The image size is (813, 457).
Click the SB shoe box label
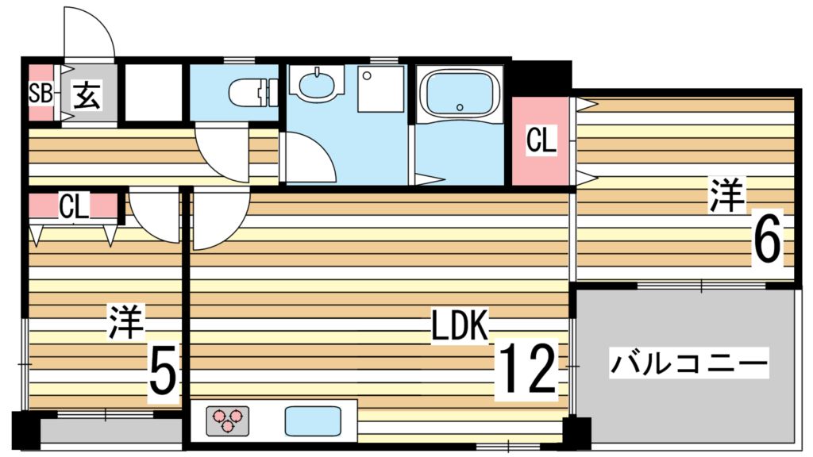click(x=40, y=94)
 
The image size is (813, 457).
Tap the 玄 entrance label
click(x=87, y=94)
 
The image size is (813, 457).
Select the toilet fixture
click(x=253, y=93)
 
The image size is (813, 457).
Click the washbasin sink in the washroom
click(x=316, y=83)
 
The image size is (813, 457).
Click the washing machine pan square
click(x=380, y=89)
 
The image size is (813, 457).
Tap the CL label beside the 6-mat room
click(x=541, y=140)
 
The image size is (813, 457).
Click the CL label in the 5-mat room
click(x=74, y=206)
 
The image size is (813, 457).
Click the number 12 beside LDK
click(x=527, y=370)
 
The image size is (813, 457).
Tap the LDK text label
click(x=460, y=326)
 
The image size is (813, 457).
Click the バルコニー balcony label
click(x=688, y=363)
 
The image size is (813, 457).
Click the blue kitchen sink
click(x=313, y=421)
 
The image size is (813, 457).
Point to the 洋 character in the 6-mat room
click(x=727, y=195)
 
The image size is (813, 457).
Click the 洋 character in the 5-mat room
click(x=126, y=322)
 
